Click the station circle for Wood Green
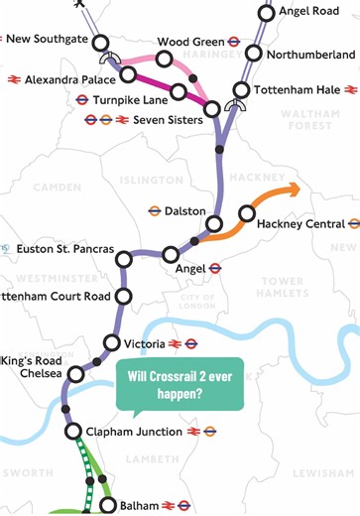tap(164, 60)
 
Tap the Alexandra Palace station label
tap(67, 78)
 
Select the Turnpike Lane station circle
tap(178, 92)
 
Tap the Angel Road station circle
tap(266, 13)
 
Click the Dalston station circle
tap(222, 211)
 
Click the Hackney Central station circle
tap(247, 214)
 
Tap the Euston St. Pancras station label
tap(65, 248)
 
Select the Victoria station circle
tap(110, 344)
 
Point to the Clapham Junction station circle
tap(72, 432)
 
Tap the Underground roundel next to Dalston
tap(155, 211)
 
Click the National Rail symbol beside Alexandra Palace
tap(15, 78)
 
